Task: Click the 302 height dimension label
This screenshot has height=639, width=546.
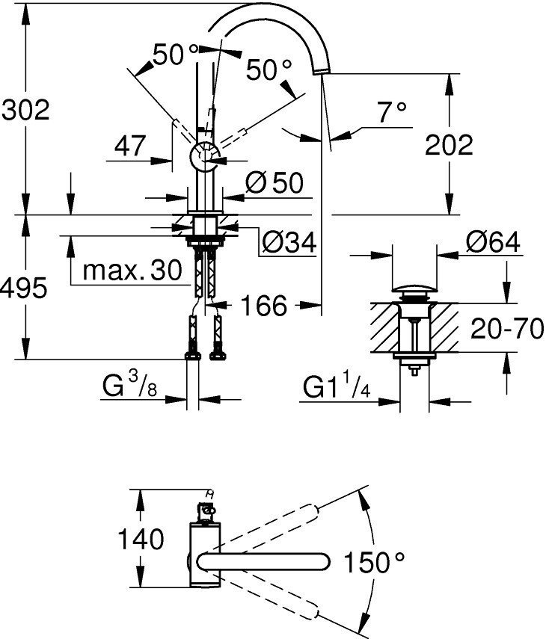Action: click(x=25, y=111)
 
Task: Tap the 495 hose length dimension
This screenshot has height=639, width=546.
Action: click(x=25, y=286)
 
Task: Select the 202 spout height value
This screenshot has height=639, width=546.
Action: click(x=448, y=145)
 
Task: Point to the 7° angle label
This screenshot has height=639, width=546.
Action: click(x=391, y=113)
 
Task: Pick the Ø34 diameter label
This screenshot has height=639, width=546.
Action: click(x=288, y=241)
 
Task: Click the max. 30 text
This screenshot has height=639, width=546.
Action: click(x=132, y=270)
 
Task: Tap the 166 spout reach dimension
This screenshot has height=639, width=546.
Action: click(x=263, y=305)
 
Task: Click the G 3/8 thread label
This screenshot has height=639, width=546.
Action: click(x=129, y=388)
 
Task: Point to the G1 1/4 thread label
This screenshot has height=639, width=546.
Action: click(x=336, y=388)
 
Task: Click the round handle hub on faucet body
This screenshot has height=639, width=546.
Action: click(x=203, y=157)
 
